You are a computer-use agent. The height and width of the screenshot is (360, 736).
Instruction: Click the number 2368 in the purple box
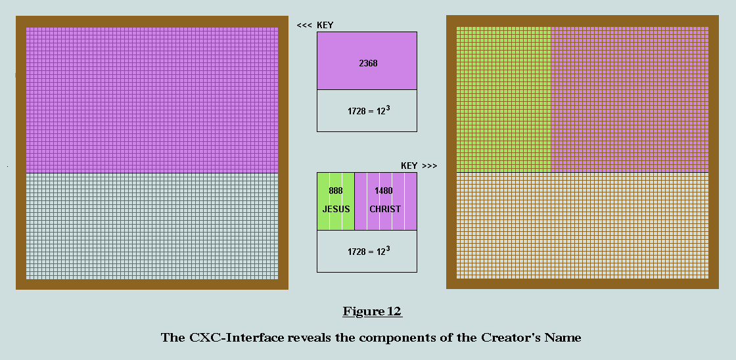[x=368, y=63]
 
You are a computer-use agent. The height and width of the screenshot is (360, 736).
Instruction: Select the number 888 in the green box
[x=336, y=191]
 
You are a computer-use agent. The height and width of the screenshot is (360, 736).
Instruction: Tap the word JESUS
[x=336, y=210]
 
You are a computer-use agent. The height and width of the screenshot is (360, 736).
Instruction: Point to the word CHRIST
[x=385, y=210]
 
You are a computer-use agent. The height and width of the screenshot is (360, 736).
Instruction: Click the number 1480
[x=384, y=191]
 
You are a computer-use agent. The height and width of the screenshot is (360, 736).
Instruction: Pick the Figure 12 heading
[x=372, y=311]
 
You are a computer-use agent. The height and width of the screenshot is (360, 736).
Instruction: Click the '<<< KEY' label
[x=315, y=26]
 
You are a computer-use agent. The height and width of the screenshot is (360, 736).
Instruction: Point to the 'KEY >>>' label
[x=419, y=166]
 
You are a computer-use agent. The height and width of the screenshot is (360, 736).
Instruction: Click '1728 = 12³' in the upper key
[x=367, y=112]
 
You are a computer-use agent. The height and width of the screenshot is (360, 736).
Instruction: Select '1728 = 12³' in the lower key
[x=367, y=251]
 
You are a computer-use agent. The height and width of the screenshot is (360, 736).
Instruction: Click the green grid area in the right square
[x=503, y=99]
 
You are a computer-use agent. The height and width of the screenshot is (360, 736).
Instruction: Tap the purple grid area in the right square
[x=630, y=99]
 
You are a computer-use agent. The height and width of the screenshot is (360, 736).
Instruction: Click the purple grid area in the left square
[x=152, y=100]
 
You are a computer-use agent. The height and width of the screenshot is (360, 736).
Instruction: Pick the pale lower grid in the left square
[x=152, y=226]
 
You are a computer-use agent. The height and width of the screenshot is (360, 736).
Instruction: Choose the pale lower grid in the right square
[x=582, y=225]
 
